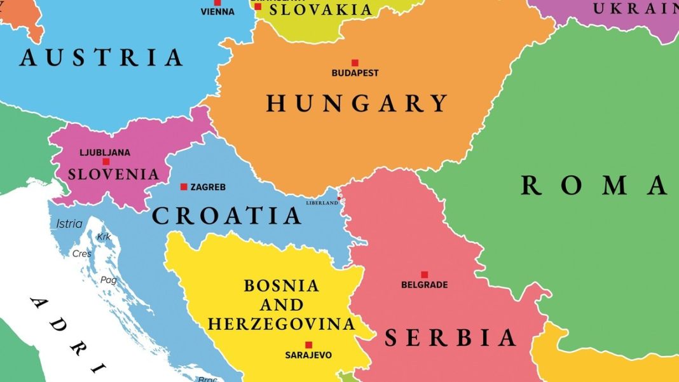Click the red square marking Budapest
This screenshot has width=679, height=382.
click(355, 63)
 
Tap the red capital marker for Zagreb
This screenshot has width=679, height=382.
click(184, 187)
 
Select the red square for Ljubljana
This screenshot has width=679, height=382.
click(106, 162)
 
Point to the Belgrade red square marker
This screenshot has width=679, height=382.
click(424, 275)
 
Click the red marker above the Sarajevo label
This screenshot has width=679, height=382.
click(308, 344)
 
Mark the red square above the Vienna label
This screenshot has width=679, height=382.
click(217, 3)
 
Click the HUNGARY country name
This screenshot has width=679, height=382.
click(357, 103)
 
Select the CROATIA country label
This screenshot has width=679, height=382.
click(227, 216)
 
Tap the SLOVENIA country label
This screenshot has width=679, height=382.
click(113, 174)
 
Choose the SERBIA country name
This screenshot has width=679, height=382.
click(450, 338)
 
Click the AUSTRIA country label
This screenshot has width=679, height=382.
click(101, 58)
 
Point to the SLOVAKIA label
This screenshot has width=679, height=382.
click(320, 10)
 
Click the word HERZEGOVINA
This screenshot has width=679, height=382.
click(281, 324)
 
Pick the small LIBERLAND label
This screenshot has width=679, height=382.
click(322, 203)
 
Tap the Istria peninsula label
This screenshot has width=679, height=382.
click(69, 224)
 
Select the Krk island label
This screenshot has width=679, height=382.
click(104, 237)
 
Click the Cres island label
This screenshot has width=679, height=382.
click(82, 254)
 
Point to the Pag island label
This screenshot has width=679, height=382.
click(108, 280)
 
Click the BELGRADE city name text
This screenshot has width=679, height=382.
click(424, 285)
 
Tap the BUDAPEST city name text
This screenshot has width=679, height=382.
click(355, 73)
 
